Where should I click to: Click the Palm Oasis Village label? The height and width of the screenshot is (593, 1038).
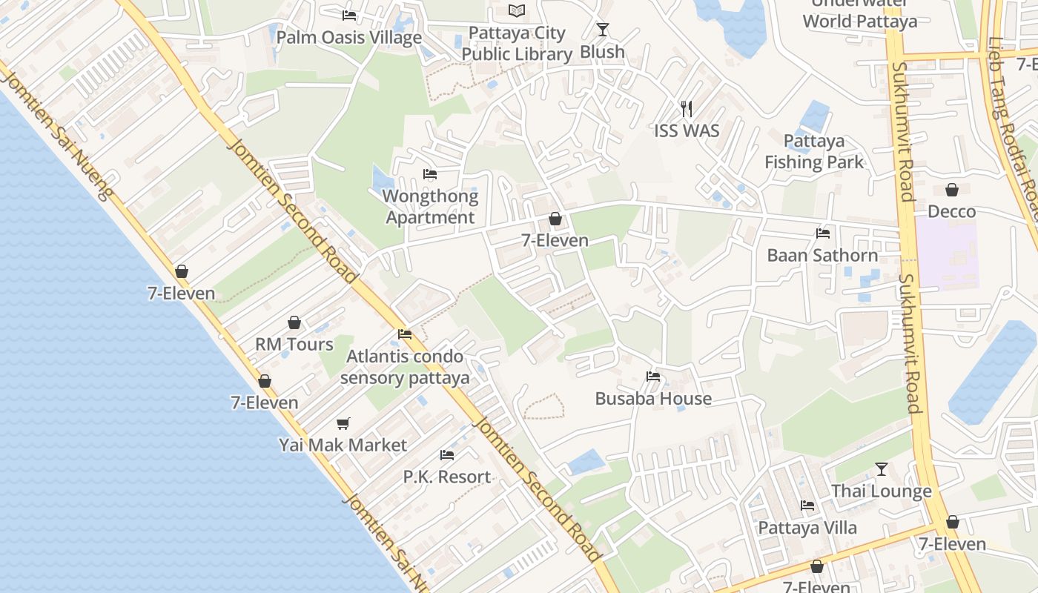[348, 38]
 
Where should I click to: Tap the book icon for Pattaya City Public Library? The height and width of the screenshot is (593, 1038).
[517, 10]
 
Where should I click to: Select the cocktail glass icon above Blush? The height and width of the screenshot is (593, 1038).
[602, 30]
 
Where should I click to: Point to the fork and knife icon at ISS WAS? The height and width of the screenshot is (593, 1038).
[687, 109]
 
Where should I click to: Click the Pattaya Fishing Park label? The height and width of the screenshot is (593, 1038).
[814, 151]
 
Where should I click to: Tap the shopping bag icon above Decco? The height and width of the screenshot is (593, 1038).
[952, 191]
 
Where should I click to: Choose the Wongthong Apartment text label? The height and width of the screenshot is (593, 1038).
[430, 207]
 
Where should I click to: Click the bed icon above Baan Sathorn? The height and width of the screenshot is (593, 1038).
[822, 233]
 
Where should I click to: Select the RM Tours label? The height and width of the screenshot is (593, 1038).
[294, 345]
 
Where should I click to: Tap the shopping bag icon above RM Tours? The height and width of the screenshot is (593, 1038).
[294, 322]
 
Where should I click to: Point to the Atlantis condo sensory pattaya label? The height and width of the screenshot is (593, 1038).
[405, 367]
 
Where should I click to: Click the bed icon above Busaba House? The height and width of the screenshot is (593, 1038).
[653, 377]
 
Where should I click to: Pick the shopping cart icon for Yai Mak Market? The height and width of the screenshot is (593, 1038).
[343, 423]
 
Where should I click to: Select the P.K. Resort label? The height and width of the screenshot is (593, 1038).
[447, 477]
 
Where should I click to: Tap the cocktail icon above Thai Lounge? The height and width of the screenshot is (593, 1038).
[881, 469]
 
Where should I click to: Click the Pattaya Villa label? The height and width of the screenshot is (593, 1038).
[807, 528]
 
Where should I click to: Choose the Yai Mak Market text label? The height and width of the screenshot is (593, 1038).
[343, 445]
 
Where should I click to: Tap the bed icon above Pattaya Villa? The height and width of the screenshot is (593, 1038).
[807, 506]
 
